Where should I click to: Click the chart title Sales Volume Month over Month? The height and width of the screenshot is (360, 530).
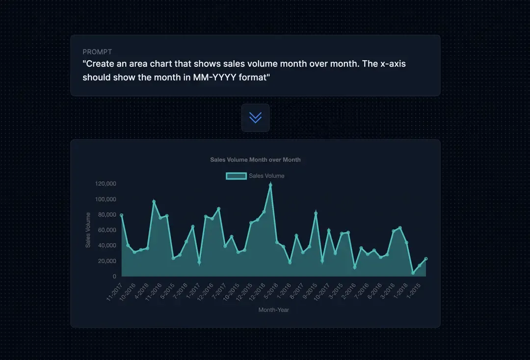tap(255, 160)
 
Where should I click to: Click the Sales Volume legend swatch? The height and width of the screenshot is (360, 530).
tap(236, 176)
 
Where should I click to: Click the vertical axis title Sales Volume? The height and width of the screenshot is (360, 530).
tap(88, 230)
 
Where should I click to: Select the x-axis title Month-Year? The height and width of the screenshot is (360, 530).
tap(274, 309)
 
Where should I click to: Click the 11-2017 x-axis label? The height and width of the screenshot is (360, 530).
tap(114, 291)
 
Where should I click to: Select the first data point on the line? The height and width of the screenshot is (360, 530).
tap(121, 215)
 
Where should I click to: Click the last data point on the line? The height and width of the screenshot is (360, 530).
tap(426, 258)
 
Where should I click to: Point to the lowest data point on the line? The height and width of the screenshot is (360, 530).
tap(413, 273)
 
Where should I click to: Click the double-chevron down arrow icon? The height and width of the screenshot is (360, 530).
tap(255, 118)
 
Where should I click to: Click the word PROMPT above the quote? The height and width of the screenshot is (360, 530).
tap(97, 52)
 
